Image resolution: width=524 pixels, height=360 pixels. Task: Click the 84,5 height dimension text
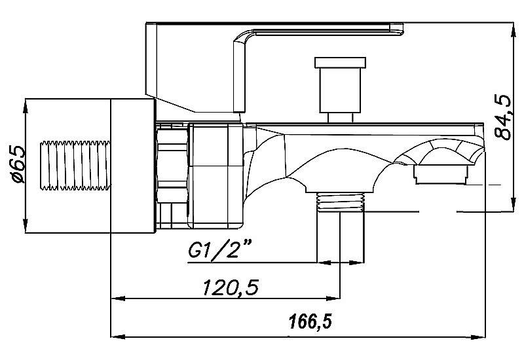pos(503,117)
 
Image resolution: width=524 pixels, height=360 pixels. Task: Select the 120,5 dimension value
pos(231,287)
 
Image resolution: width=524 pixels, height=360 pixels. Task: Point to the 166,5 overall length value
pos(310,321)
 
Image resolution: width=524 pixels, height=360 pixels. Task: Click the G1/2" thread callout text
pos(220,250)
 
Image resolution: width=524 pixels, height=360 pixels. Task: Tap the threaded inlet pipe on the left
pos(75,166)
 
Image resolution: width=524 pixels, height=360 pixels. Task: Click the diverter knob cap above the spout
pos(340,62)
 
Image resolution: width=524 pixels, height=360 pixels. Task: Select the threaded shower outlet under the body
pos(340,202)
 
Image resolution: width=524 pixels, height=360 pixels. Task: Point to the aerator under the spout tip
pos(440,175)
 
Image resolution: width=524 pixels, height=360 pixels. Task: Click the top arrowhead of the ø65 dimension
pos(26,106)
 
